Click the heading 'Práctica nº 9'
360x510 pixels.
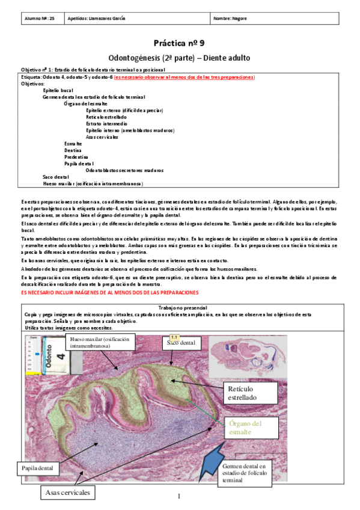coord(179,43)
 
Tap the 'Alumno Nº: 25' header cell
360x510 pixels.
coord(40,19)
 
